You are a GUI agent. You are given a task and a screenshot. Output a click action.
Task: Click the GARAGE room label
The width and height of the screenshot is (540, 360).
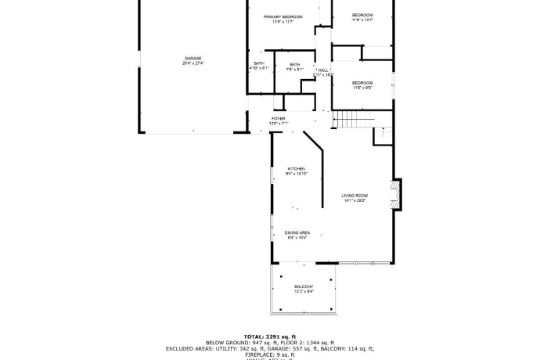193,58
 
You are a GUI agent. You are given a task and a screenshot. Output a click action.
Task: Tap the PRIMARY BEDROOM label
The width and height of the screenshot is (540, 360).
283,16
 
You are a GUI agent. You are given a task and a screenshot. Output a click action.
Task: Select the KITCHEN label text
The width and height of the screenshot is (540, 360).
296,168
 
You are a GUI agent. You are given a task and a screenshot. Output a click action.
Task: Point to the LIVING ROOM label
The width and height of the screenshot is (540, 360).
355,195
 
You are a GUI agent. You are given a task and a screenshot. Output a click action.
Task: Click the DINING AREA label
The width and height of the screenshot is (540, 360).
297,232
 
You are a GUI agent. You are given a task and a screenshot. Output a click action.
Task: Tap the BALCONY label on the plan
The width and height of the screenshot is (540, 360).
304,286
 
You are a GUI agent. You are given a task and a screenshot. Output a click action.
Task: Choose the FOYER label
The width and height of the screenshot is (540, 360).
279,118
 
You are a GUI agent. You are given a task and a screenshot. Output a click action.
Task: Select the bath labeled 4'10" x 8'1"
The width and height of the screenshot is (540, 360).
258,68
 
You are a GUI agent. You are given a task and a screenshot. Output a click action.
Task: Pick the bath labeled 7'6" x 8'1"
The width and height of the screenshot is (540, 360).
294,69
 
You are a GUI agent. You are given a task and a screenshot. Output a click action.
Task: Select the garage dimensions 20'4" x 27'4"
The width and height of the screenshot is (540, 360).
193,63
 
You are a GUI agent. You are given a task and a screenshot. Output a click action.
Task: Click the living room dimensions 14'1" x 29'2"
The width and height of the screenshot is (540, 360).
355,200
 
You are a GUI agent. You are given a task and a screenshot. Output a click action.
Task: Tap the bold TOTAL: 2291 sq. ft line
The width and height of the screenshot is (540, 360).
269,335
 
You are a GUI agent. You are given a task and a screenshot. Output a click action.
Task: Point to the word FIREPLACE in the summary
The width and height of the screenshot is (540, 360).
248,355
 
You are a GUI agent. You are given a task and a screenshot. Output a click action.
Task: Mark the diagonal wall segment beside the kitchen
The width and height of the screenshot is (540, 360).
313,142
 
